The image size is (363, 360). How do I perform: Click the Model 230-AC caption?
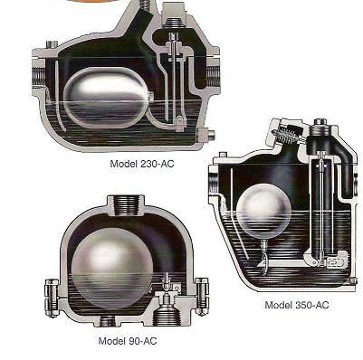pyautogui.click(x=142, y=164)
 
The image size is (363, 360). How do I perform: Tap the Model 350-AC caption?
pyautogui.click(x=297, y=305)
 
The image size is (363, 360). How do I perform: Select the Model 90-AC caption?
pyautogui.click(x=128, y=341)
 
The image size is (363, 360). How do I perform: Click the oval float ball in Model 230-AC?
pyautogui.click(x=106, y=98)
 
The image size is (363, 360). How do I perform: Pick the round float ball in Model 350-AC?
pyautogui.click(x=263, y=210)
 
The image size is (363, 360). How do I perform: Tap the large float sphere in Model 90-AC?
pyautogui.click(x=112, y=269)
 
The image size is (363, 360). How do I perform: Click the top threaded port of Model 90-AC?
pyautogui.click(x=126, y=205)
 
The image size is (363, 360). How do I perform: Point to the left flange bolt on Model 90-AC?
pyautogui.click(x=52, y=298)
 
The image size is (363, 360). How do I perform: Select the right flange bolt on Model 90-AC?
pyautogui.click(x=202, y=297)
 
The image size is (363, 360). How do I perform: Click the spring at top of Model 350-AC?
pyautogui.click(x=284, y=136)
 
